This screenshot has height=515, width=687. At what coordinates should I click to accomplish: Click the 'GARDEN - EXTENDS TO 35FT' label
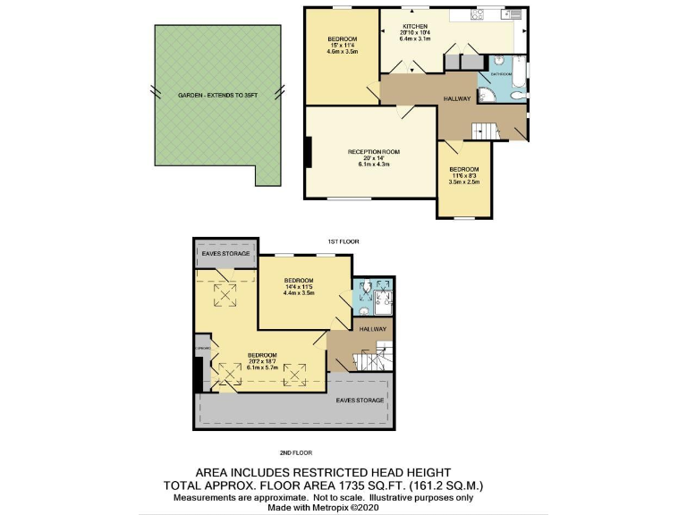(x=218, y=96)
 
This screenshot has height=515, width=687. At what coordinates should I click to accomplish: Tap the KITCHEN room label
(x=415, y=27)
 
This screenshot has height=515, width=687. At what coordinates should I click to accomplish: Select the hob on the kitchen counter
(x=477, y=13)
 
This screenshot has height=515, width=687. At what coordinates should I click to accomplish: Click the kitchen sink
(x=511, y=13)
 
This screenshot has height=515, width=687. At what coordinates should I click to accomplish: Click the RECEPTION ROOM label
(x=373, y=152)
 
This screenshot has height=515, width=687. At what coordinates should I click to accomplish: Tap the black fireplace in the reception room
(x=309, y=152)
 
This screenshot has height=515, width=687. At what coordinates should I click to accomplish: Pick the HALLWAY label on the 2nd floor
(x=373, y=329)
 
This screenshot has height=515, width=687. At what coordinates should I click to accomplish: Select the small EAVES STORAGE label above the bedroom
(x=225, y=254)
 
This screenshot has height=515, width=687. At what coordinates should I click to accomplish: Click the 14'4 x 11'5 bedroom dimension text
(x=301, y=286)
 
